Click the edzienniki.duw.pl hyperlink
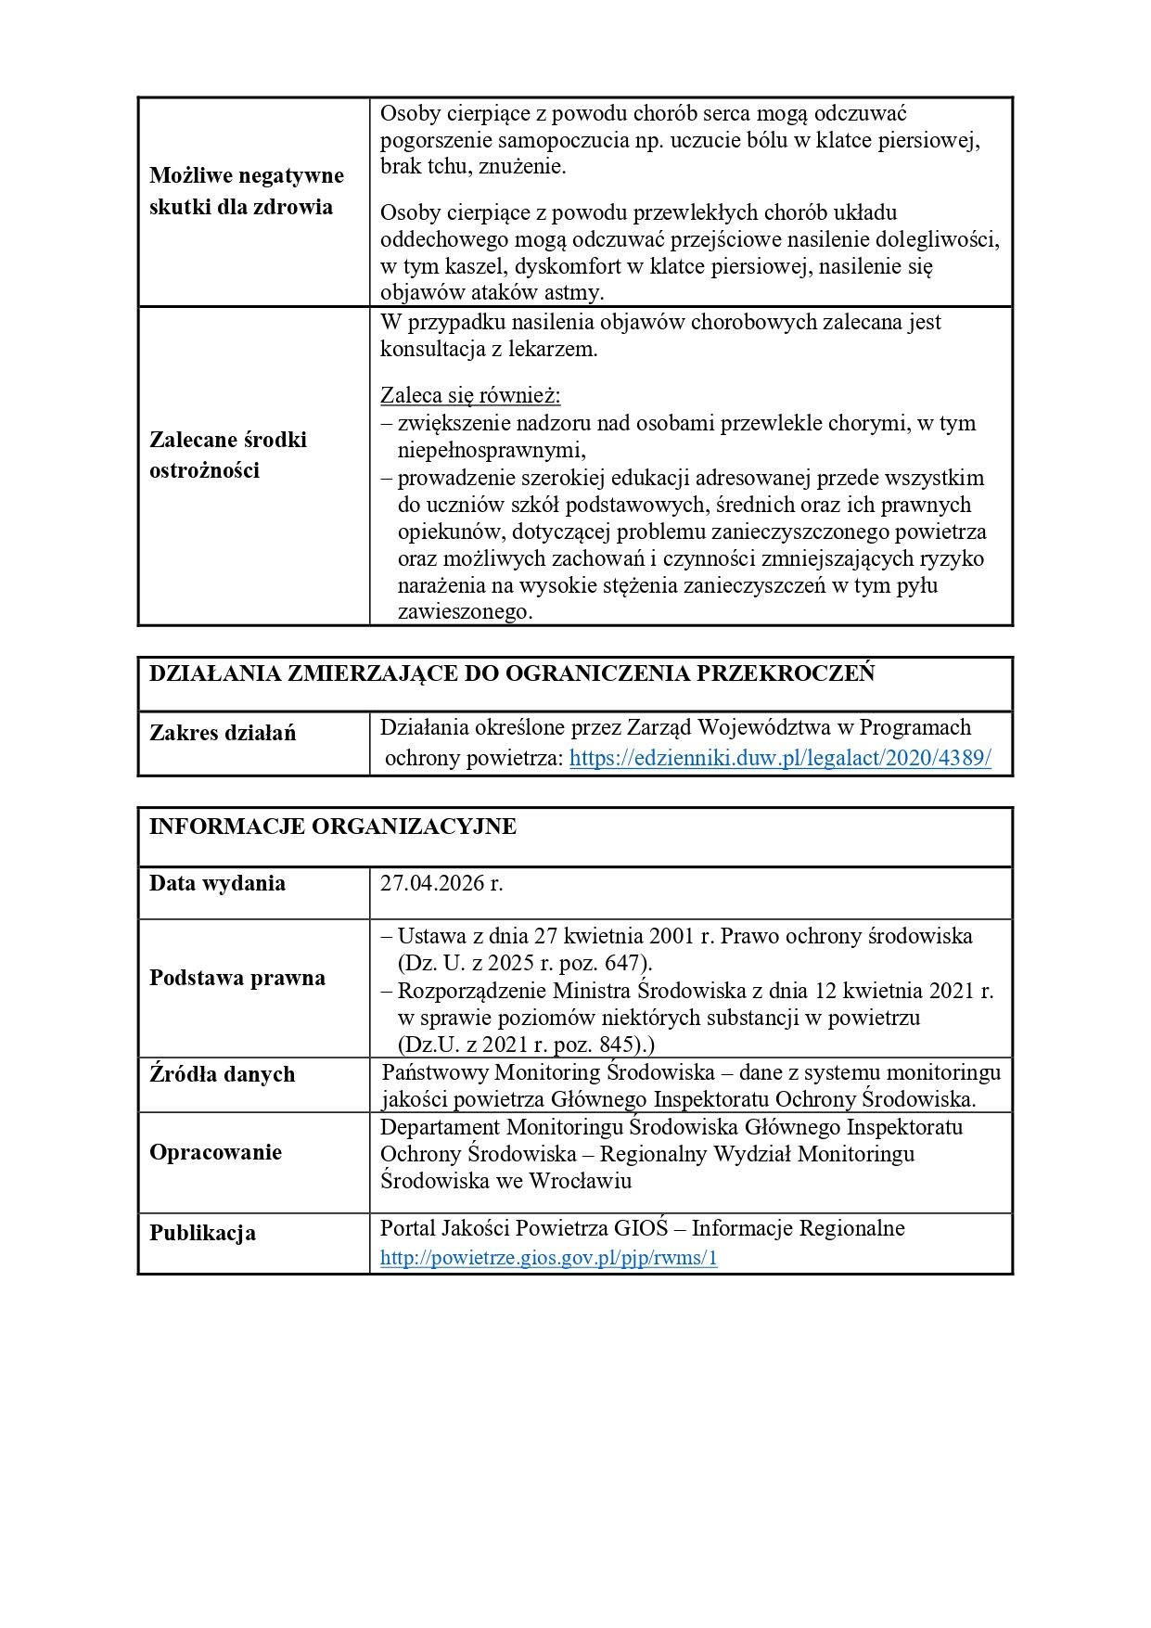[779, 758]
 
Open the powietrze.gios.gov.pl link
[548, 1258]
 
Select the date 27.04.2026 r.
[441, 883]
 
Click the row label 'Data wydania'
[217, 883]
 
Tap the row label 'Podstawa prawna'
[237, 978]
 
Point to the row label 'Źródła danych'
[222, 1074]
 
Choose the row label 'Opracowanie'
[215, 1152]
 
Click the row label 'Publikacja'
[202, 1233]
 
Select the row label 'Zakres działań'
[223, 733]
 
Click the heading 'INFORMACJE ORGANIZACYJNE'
[332, 827]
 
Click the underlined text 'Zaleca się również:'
[470, 395]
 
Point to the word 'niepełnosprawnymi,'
[492, 451]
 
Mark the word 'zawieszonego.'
[465, 612]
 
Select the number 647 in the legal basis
[622, 963]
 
